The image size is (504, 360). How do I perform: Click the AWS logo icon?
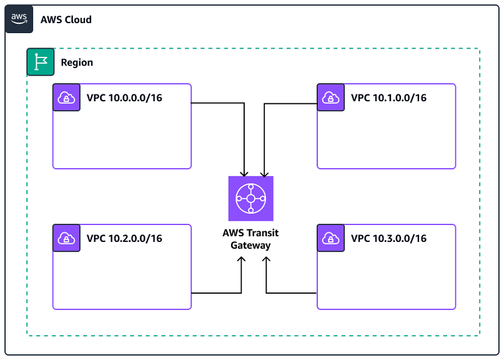click(x=19, y=19)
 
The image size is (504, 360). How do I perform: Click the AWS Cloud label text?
click(x=66, y=19)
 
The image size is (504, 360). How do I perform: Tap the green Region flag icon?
click(x=41, y=62)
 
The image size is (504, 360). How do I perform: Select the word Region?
click(x=77, y=62)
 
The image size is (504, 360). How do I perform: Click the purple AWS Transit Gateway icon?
click(x=250, y=199)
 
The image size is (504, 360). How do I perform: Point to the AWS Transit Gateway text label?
click(x=250, y=239)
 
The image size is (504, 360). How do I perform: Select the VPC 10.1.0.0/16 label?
click(x=388, y=97)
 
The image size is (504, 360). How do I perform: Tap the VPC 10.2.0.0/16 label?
click(x=124, y=238)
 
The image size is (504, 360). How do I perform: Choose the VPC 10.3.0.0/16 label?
click(x=388, y=238)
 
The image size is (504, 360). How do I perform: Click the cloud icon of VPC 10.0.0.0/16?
click(x=66, y=97)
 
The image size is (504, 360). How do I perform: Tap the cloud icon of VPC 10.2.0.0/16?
click(x=66, y=238)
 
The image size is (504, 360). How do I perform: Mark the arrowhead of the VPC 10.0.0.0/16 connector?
click(x=244, y=173)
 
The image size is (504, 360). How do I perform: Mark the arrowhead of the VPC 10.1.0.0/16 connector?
click(x=264, y=173)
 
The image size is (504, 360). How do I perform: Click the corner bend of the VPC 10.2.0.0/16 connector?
click(x=241, y=292)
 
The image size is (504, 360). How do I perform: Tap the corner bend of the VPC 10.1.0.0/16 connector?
click(x=264, y=104)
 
